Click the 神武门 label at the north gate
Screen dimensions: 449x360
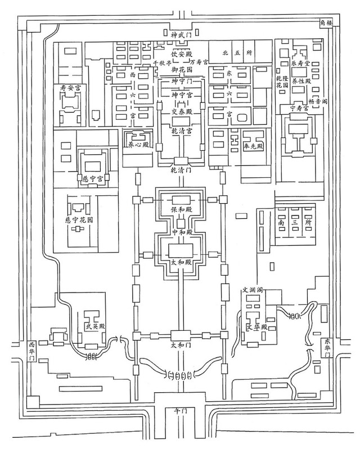[x=181, y=35]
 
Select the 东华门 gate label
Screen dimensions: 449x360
[x=327, y=348]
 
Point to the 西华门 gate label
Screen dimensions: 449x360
[x=31, y=351]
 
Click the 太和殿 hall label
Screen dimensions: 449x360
[x=181, y=262]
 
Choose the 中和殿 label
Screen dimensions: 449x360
[x=181, y=231]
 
